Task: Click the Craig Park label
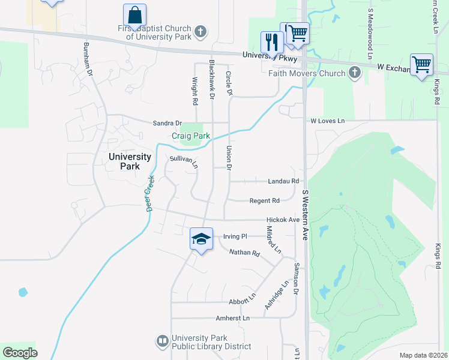(x=191, y=136)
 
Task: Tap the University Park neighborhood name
(x=130, y=161)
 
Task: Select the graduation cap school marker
(x=201, y=239)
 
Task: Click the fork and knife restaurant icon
(x=271, y=42)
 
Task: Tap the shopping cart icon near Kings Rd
(x=421, y=64)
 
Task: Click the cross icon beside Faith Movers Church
(x=355, y=73)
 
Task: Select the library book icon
(x=162, y=341)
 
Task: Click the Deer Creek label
(x=150, y=193)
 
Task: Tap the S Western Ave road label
(x=305, y=215)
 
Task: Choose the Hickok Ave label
(x=283, y=220)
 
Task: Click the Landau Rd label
(x=283, y=181)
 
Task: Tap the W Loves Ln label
(x=328, y=121)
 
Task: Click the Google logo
(x=20, y=353)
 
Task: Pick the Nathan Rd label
(x=244, y=253)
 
